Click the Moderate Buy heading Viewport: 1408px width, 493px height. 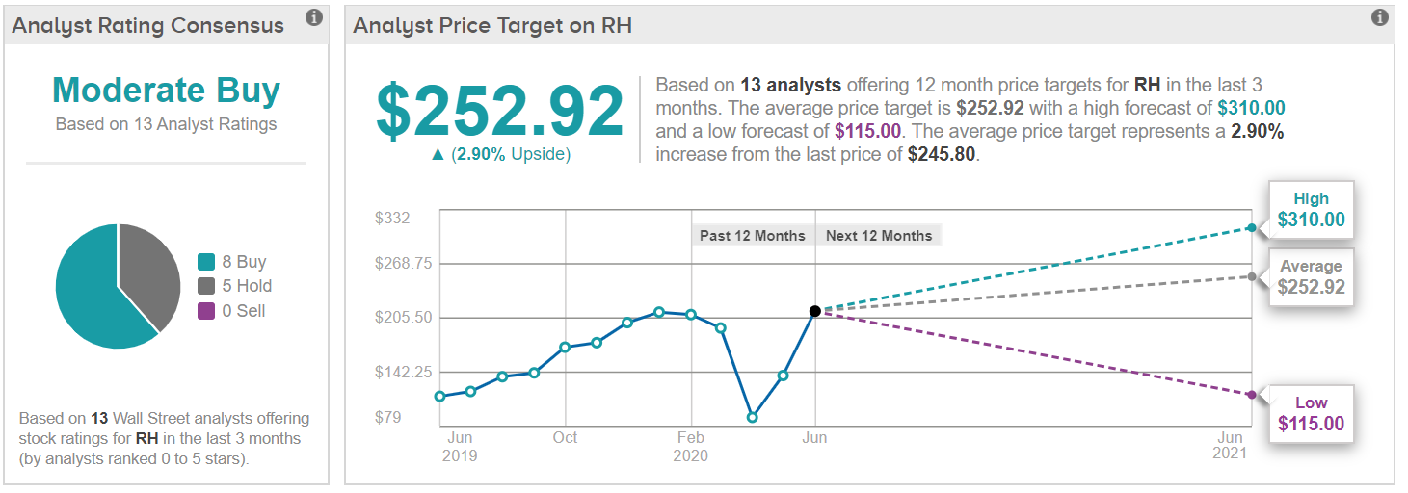click(x=166, y=91)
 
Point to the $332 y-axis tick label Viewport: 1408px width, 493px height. click(x=392, y=219)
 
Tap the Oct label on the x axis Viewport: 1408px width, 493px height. click(x=565, y=438)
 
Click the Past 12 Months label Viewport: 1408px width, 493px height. click(x=752, y=236)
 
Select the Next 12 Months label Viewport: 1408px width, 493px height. click(x=879, y=236)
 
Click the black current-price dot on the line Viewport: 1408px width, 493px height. click(x=815, y=311)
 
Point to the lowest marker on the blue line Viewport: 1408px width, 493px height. click(x=752, y=418)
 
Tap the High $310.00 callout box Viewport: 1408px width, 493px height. click(x=1311, y=210)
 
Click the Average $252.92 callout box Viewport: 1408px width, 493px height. click(x=1311, y=277)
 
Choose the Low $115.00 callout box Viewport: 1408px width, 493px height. click(x=1311, y=414)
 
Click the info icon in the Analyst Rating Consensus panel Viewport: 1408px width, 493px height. click(x=313, y=17)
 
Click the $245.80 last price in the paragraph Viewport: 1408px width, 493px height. click(x=942, y=154)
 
